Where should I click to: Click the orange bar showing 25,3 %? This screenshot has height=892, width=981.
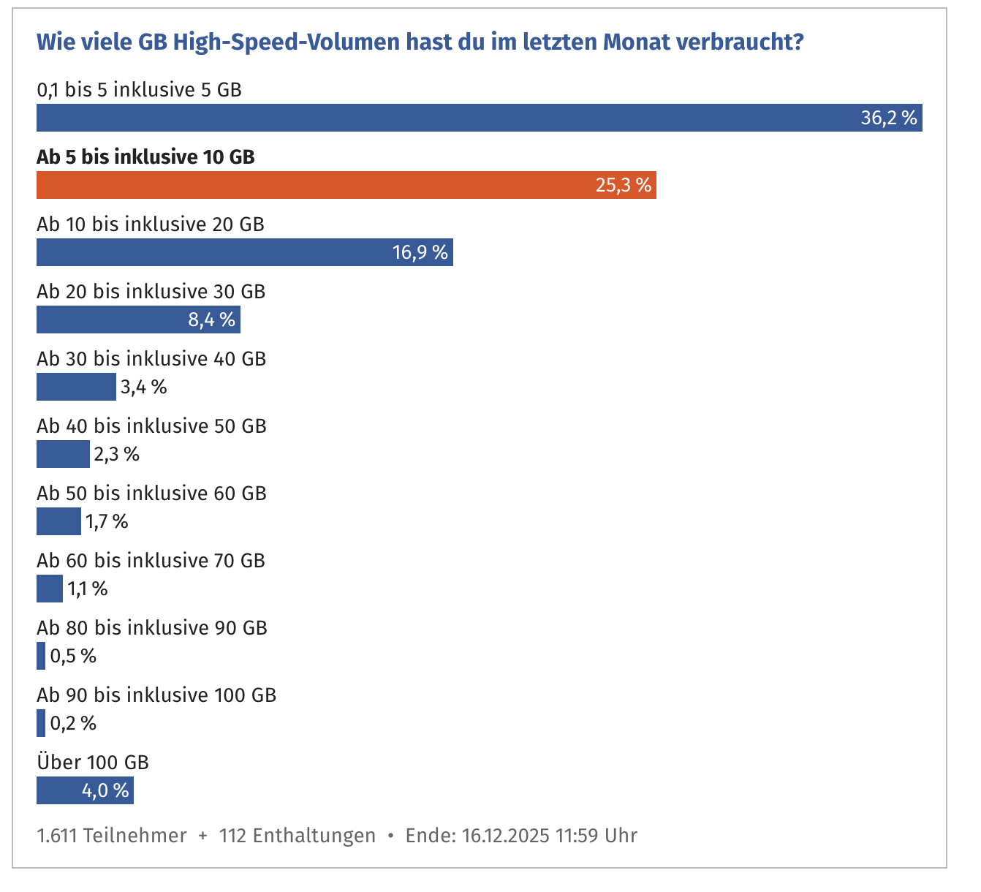click(x=346, y=185)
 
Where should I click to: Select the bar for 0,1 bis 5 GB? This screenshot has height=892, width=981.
click(x=479, y=118)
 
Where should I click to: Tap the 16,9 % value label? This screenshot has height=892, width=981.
click(x=420, y=253)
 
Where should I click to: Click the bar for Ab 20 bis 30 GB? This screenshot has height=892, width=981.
click(x=138, y=320)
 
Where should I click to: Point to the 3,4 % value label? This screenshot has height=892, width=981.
click(x=144, y=388)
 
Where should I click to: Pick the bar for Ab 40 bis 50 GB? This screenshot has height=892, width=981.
click(x=63, y=454)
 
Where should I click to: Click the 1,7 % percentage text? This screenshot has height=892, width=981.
click(x=107, y=522)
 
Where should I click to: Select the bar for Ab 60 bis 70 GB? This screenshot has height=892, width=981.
click(x=50, y=589)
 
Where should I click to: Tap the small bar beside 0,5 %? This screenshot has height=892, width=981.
click(x=41, y=656)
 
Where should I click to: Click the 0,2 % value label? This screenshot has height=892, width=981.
click(x=73, y=724)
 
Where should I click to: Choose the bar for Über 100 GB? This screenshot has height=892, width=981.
click(x=85, y=790)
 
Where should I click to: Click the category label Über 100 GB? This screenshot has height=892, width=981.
click(x=93, y=763)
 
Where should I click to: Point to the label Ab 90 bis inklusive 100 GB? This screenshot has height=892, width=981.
click(x=156, y=695)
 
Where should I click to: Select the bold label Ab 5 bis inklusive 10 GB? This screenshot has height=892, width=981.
click(x=145, y=157)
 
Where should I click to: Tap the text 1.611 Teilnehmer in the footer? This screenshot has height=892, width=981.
click(x=112, y=836)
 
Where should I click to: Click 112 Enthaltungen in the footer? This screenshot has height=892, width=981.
click(x=298, y=836)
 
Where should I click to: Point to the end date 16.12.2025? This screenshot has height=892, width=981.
click(x=506, y=836)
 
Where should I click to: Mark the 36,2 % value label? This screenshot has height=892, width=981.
click(x=888, y=118)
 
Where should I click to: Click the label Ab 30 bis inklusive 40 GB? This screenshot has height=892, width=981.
click(x=151, y=359)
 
